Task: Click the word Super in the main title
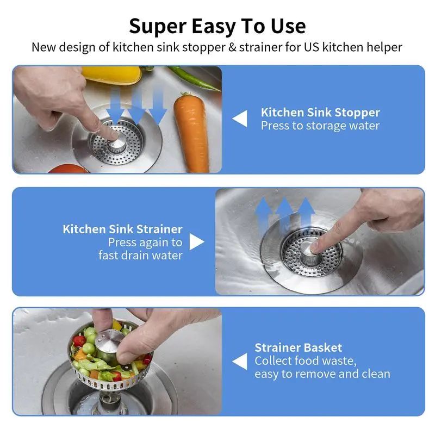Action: click(x=158, y=26)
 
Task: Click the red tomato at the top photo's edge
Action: click(x=68, y=169)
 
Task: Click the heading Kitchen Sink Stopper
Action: click(x=320, y=113)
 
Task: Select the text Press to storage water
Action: click(x=320, y=126)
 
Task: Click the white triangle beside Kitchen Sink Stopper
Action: click(x=240, y=119)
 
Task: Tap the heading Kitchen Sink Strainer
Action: click(x=122, y=229)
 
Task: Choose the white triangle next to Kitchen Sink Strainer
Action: click(x=196, y=241)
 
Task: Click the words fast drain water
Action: click(x=140, y=255)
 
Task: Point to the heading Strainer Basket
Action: click(x=299, y=347)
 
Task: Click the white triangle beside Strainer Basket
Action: click(x=240, y=361)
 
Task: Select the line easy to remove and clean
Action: click(x=322, y=374)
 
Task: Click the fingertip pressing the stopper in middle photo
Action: click(x=315, y=247)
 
